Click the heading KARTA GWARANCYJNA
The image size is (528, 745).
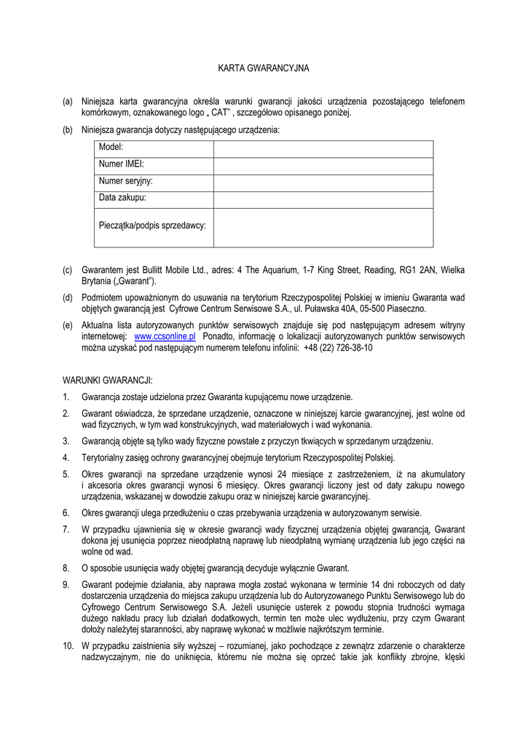click(x=264, y=68)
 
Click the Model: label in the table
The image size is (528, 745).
click(x=111, y=148)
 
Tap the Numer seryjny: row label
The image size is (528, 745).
click(x=126, y=181)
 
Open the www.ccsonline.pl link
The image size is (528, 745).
click(x=165, y=337)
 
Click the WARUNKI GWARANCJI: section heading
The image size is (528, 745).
click(x=107, y=380)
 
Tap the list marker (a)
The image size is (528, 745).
click(x=68, y=102)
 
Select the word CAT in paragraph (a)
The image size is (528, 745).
click(x=221, y=113)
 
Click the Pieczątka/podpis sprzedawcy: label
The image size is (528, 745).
click(x=152, y=226)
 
